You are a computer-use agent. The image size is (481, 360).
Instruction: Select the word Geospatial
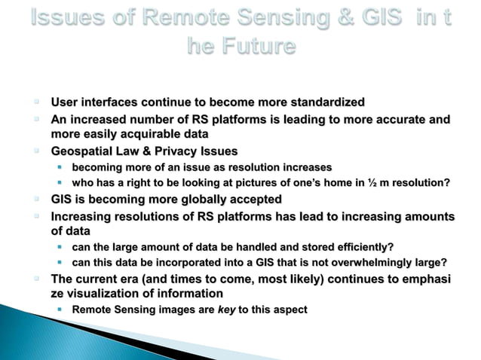(82, 151)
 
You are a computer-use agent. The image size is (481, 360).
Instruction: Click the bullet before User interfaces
(35, 102)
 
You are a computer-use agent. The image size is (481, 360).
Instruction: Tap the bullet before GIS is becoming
(35, 200)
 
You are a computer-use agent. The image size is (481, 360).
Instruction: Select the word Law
(132, 151)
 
